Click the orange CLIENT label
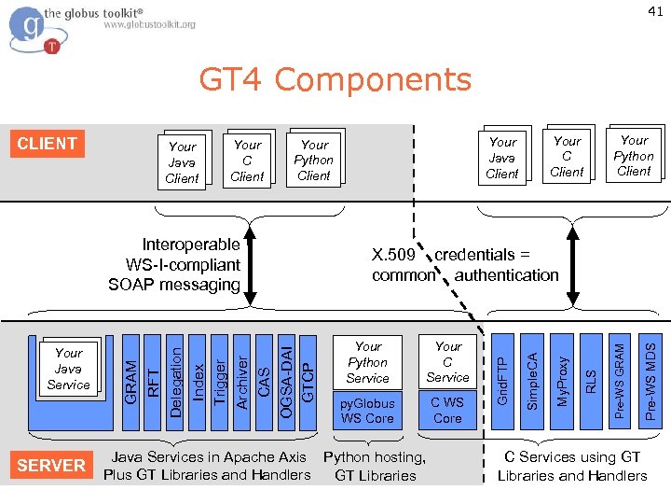pos(48,144)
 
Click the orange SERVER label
pos(51,465)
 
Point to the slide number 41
pos(655,11)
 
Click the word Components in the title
pos(373,79)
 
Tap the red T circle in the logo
pos(52,46)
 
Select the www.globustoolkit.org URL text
pos(149,24)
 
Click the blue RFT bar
pos(152,383)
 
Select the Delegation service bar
pos(174,383)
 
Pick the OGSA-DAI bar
pos(286,383)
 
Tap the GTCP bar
pos(308,383)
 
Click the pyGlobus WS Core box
pos(367,411)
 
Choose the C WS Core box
pos(447,410)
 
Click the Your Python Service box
pos(367,362)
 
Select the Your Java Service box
pos(68,369)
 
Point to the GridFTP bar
pos(502,382)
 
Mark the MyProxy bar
pos(561,382)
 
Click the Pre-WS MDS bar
pos(650,382)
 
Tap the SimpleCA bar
pos(532,382)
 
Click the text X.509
pos(393,255)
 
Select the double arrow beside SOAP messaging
pos(250,266)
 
